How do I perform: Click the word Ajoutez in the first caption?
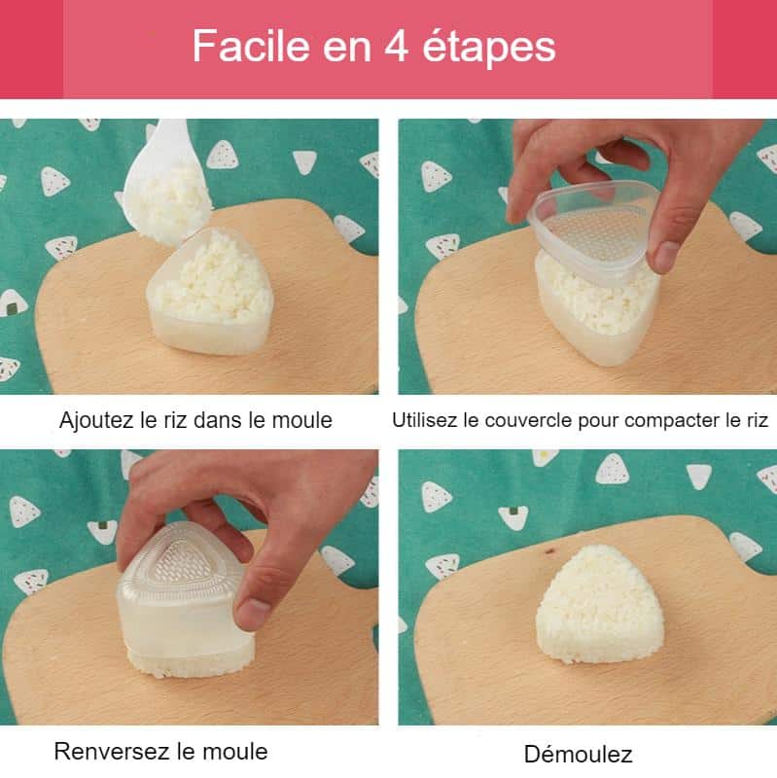[x=96, y=421]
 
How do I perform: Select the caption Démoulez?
[x=578, y=754]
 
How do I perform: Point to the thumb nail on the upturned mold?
[x=253, y=613]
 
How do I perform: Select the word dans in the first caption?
[x=229, y=421]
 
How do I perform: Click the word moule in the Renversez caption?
[x=239, y=751]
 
